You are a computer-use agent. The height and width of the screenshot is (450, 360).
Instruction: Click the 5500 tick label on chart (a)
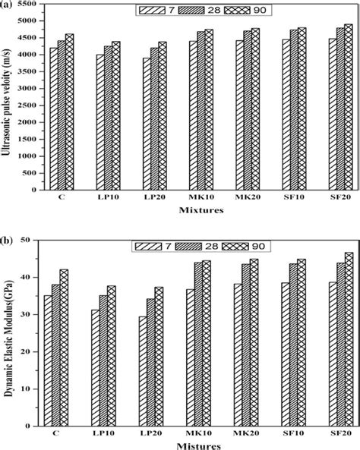click(32, 5)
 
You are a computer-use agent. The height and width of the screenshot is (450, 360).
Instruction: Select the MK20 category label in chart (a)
click(247, 200)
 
